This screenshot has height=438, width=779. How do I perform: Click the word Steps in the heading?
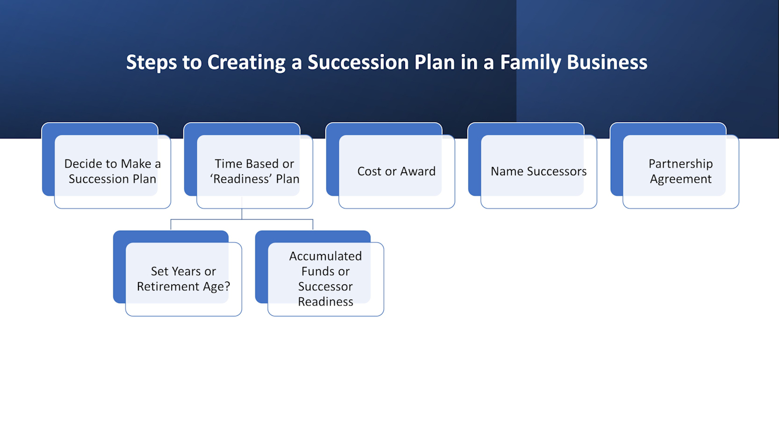point(153,62)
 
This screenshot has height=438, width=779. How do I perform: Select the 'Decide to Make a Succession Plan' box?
point(112,172)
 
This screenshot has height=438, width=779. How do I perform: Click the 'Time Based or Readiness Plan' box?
point(254,172)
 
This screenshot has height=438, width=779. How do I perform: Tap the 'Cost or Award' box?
point(396,172)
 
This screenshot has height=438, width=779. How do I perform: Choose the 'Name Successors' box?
point(538,172)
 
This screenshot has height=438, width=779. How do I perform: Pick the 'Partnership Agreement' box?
point(680,172)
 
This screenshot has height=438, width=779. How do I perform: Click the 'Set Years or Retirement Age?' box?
point(184,279)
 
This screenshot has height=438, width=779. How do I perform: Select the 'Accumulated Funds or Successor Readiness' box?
point(326,279)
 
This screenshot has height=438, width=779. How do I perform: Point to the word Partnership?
point(681,164)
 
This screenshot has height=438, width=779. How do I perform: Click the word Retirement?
point(165,287)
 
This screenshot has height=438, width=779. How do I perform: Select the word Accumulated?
point(326,256)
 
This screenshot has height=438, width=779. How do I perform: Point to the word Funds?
point(318,272)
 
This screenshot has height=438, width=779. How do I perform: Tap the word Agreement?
point(681,179)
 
